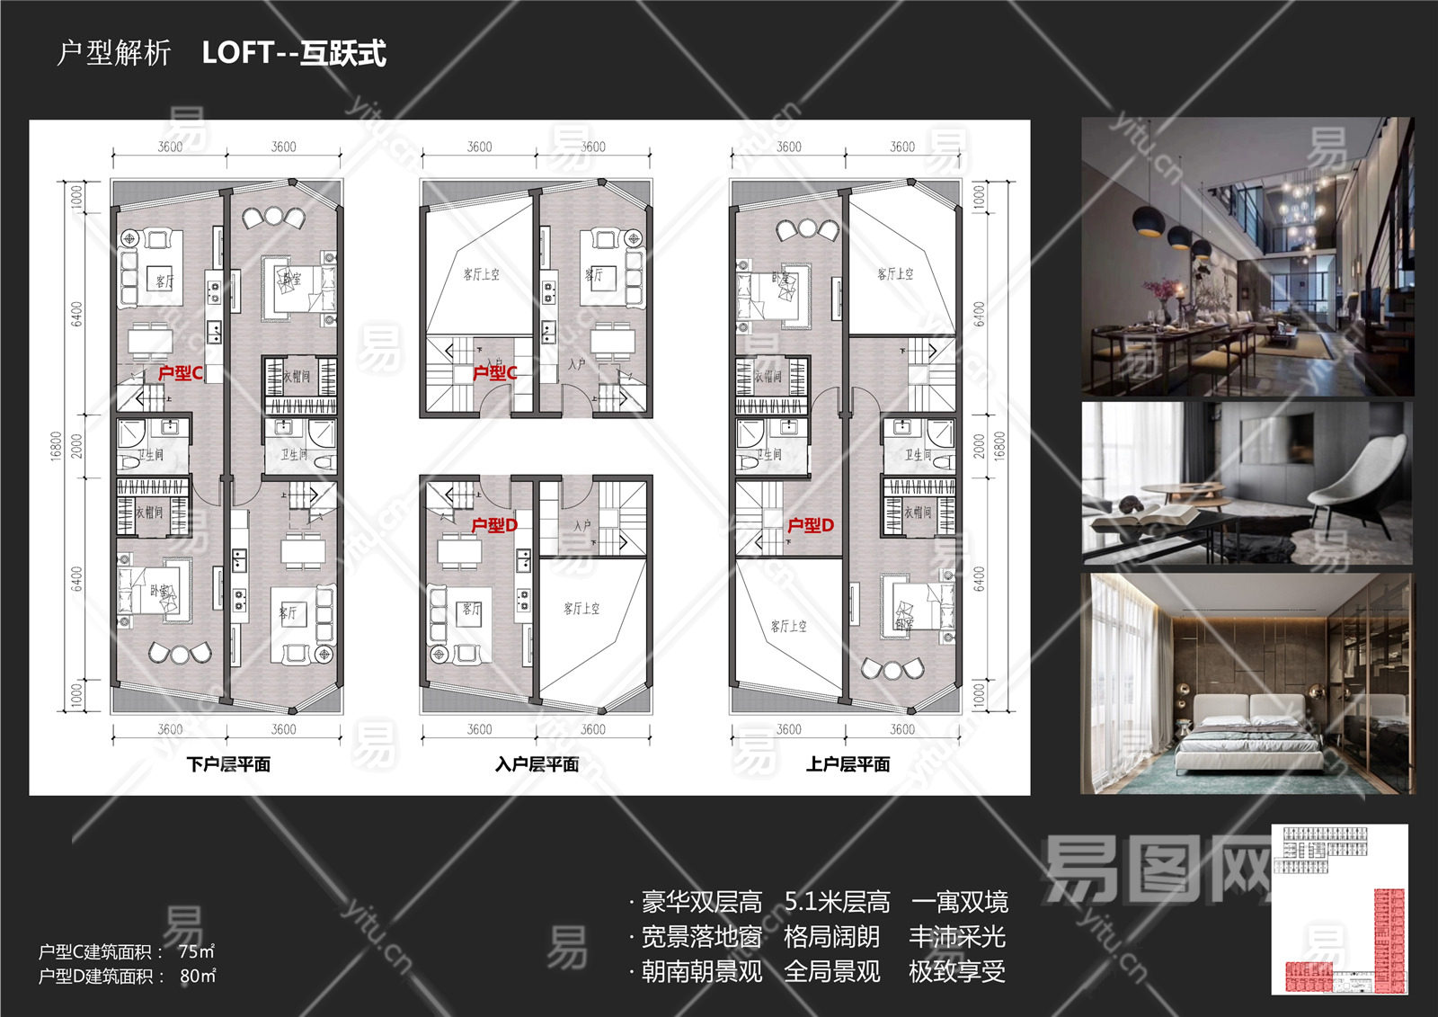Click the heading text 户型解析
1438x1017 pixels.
113,53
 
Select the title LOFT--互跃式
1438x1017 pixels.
294,53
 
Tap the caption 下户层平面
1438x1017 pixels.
228,764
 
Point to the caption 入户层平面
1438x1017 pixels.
537,764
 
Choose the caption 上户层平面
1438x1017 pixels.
848,764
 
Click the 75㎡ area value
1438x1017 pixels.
196,951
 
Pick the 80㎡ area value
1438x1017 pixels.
198,976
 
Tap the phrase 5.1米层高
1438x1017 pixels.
837,901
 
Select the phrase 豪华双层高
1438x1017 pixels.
702,901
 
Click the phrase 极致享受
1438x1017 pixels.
956,971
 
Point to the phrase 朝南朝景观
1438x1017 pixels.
702,971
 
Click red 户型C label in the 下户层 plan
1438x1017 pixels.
180,372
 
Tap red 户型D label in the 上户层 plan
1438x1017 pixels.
811,525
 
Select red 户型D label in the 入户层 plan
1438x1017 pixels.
494,525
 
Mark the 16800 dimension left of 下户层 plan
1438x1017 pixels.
57,447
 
